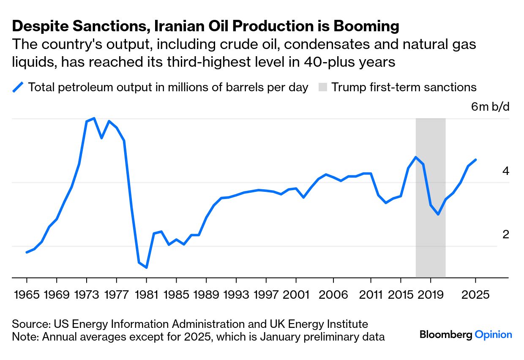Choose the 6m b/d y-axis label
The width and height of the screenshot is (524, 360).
coord(490,106)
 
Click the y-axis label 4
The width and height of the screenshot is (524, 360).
coord(505,171)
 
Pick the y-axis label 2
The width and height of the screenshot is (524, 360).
coord(505,235)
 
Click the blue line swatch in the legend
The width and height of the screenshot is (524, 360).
coord(18,87)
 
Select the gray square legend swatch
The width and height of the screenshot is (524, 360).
coord(323,87)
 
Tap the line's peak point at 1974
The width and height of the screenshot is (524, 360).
coord(94,118)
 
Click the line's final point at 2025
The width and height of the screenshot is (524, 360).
coord(476,160)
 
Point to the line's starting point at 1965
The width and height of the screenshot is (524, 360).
coord(27,252)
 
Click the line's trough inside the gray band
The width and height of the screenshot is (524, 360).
coord(438,214)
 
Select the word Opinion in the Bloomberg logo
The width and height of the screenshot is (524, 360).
coord(493,335)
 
